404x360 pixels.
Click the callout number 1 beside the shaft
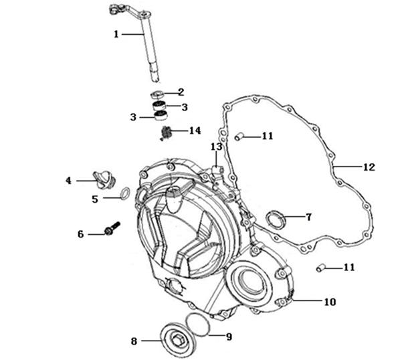pos(116,33)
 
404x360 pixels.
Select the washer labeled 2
pos(159,93)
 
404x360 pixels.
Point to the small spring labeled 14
pos(167,134)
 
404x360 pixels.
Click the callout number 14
pos(195,130)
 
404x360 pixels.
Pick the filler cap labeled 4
pos(102,177)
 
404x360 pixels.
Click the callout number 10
pos(329,302)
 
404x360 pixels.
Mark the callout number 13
pos(216,147)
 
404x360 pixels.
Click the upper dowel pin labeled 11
pos(238,137)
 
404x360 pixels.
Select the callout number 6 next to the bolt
pos(80,234)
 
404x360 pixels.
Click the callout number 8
pos(134,341)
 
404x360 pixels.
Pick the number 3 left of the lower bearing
pos(134,117)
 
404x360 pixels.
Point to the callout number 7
pos(308,217)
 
